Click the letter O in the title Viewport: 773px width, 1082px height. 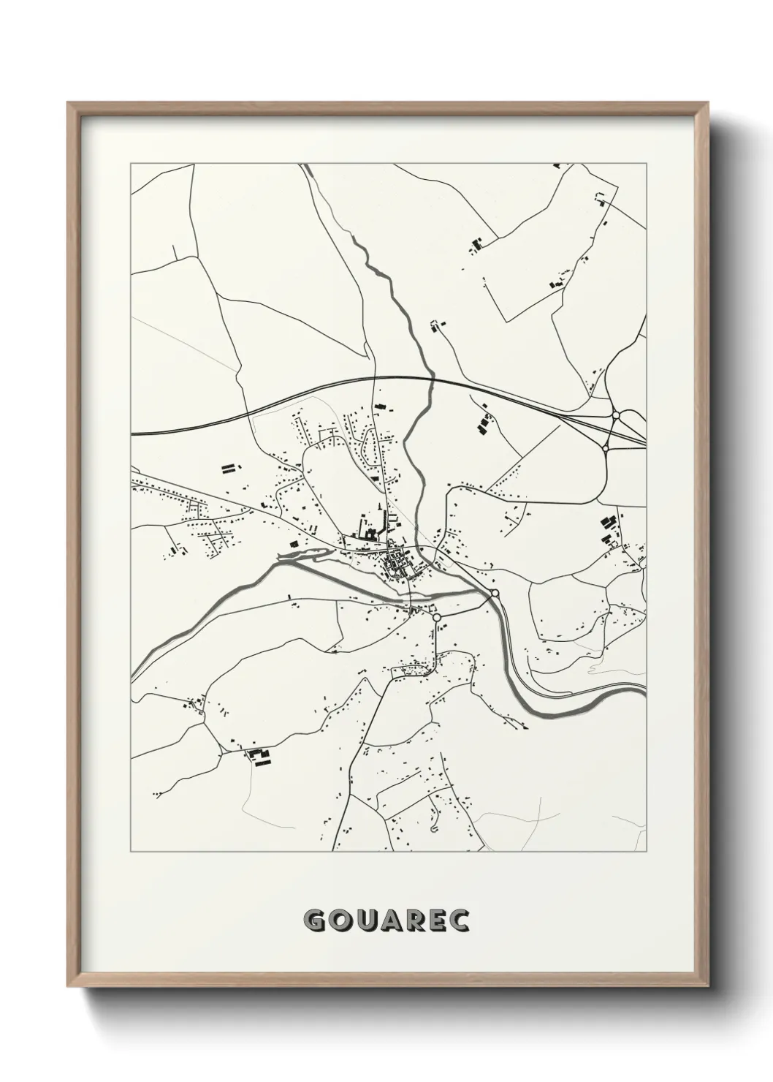(x=340, y=920)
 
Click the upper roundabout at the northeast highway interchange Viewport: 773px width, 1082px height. (x=616, y=415)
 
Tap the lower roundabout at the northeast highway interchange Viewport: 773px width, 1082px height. (x=605, y=447)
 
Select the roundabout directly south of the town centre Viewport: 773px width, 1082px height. (x=437, y=618)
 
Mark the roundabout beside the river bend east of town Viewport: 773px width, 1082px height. (x=495, y=593)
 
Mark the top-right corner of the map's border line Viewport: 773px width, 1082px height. (x=646, y=164)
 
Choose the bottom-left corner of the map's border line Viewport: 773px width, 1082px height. (x=131, y=852)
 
